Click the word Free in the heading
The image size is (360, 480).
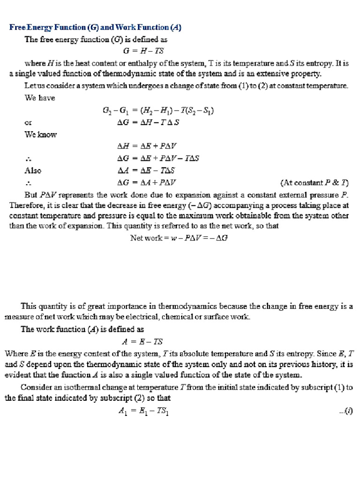tap(18, 28)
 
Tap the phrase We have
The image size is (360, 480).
tap(40, 98)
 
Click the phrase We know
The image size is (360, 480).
tap(41, 135)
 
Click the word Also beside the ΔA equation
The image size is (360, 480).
tap(33, 171)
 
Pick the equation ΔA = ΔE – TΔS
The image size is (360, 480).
tap(146, 171)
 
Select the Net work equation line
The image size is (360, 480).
tap(179, 238)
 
